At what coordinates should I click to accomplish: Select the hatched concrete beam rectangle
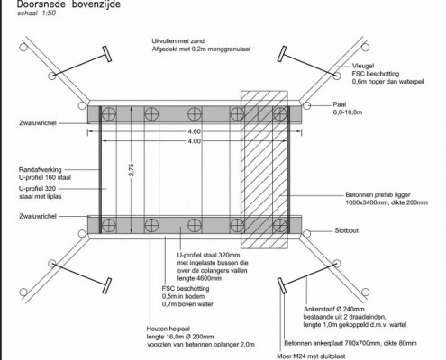coord(262,171)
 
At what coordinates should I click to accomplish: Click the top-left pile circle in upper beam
coord(106,114)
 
